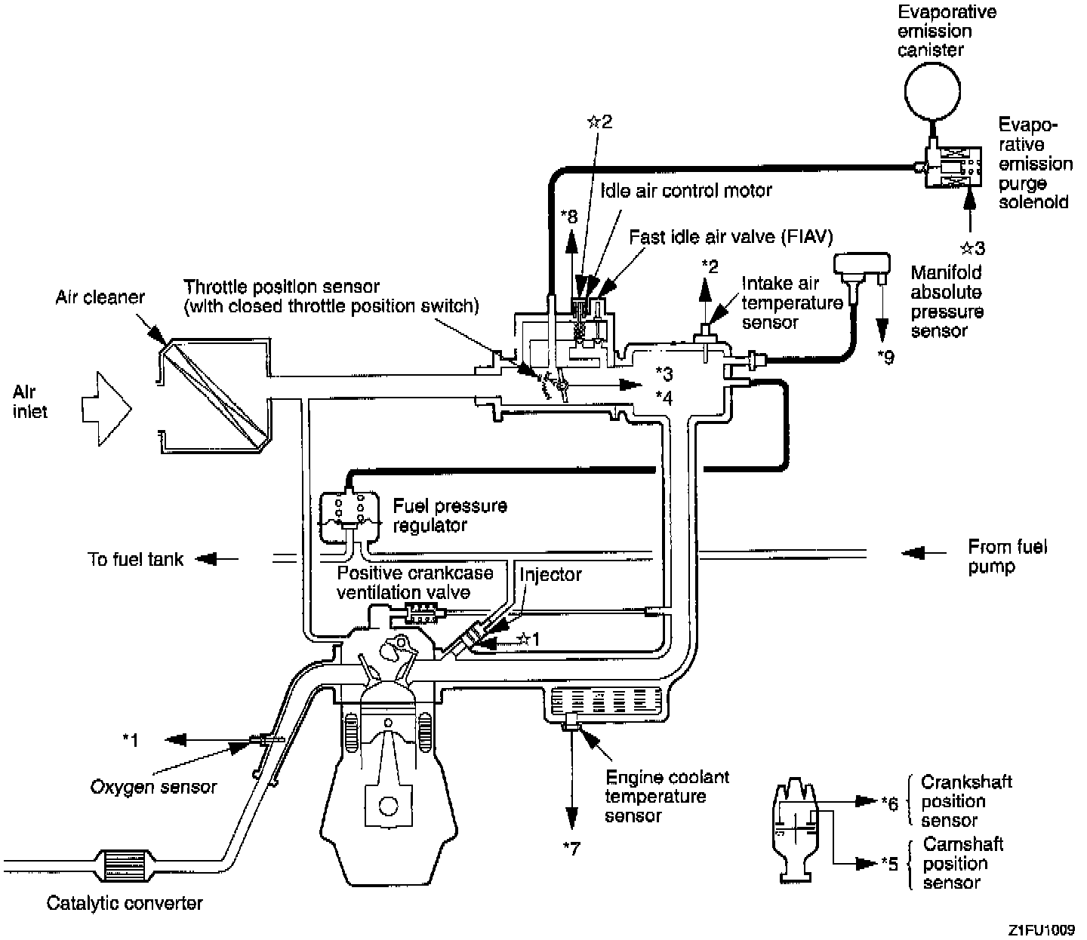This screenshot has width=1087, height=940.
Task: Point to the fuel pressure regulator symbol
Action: (x=348, y=517)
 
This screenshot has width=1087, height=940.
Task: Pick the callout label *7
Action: (x=571, y=849)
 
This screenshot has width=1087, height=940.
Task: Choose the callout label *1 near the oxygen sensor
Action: (x=131, y=741)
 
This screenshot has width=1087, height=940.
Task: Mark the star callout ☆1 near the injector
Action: (x=528, y=640)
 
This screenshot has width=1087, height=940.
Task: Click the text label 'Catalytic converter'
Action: (x=125, y=903)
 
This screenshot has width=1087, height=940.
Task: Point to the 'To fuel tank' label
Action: (x=136, y=559)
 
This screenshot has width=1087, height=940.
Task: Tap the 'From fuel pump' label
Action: (x=1007, y=556)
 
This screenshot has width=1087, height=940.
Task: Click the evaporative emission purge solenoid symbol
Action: (x=953, y=166)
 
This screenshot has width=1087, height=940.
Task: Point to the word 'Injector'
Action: (x=550, y=574)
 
